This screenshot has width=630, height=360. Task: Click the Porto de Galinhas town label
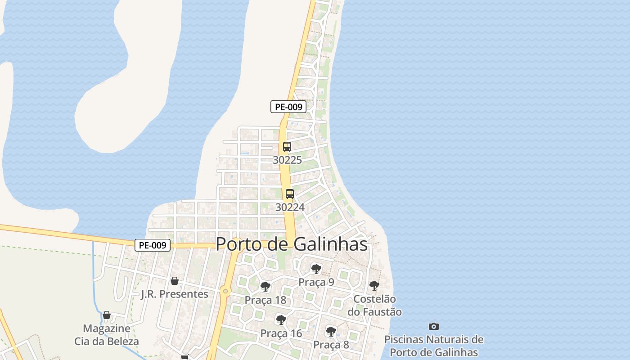(292, 244)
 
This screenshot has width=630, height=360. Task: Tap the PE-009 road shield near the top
(288, 107)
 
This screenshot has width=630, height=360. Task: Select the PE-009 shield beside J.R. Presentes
(153, 245)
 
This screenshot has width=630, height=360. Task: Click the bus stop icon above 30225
(287, 147)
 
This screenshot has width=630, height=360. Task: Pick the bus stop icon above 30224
(290, 194)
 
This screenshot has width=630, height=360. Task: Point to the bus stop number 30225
(287, 160)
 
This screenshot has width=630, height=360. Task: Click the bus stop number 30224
(290, 207)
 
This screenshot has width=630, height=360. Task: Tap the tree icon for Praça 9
(316, 269)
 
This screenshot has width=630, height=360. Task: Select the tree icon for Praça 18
(265, 287)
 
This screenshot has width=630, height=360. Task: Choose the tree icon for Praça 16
(281, 320)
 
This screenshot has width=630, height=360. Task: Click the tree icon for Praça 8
(331, 332)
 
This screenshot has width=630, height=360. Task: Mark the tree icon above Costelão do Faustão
(374, 286)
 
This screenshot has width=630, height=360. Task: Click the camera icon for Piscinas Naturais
(434, 326)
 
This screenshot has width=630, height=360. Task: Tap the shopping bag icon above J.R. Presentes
(175, 281)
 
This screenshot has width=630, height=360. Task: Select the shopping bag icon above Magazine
(107, 315)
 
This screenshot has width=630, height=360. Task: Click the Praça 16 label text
(281, 333)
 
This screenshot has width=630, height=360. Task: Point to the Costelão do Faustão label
(374, 305)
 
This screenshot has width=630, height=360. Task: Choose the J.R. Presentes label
(175, 294)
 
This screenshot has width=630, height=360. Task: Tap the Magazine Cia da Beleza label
(107, 335)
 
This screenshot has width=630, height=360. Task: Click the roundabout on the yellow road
(225, 292)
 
